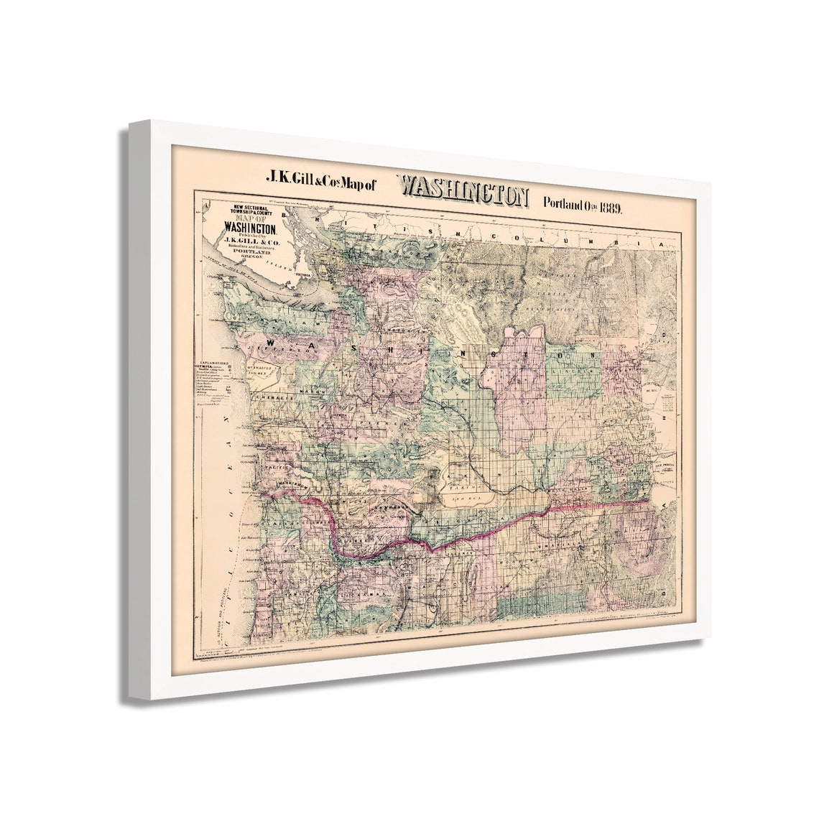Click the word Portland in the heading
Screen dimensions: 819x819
point(566,203)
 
